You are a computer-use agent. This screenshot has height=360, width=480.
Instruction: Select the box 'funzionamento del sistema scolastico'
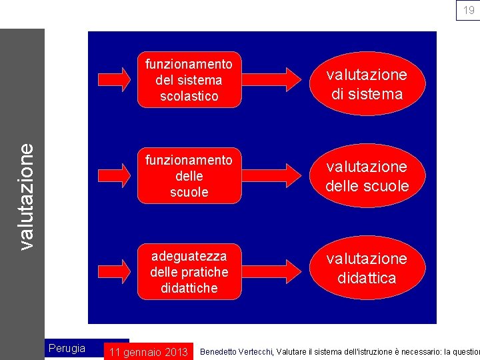(x=189, y=80)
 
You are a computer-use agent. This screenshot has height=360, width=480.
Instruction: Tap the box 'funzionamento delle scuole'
(x=189, y=176)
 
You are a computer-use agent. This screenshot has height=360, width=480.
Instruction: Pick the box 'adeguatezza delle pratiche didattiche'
(x=189, y=272)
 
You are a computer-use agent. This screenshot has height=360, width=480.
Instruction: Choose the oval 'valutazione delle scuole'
(x=367, y=177)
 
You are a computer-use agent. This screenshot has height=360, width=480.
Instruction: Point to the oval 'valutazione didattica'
(x=367, y=269)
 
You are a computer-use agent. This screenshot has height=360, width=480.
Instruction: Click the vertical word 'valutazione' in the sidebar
(x=26, y=197)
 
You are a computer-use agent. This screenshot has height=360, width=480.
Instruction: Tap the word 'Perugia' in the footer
(x=67, y=348)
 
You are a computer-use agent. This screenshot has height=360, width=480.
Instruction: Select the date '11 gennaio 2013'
(x=148, y=352)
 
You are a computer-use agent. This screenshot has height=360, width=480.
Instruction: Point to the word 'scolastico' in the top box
(x=189, y=96)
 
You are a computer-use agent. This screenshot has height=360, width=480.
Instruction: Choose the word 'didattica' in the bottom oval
(x=367, y=278)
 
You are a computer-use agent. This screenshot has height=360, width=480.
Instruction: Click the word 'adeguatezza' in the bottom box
(x=189, y=256)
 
